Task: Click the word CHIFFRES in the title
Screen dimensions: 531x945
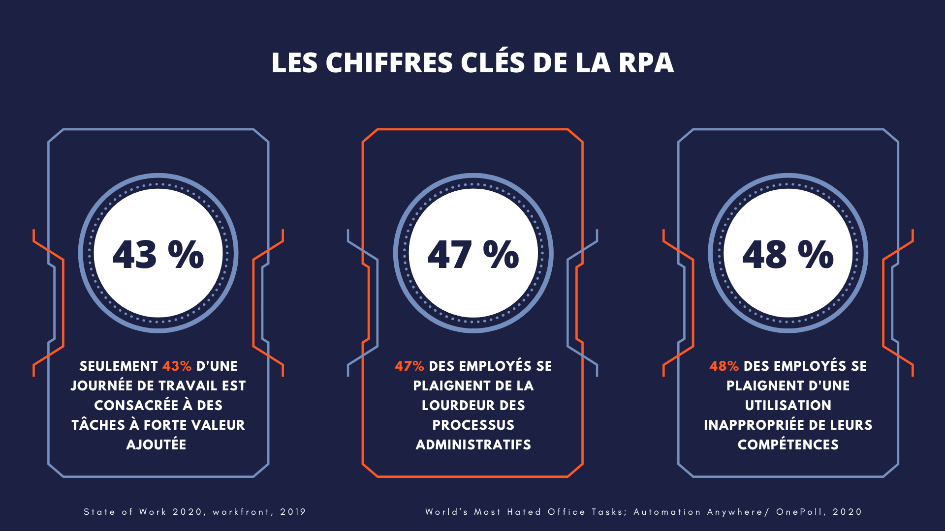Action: tap(389, 63)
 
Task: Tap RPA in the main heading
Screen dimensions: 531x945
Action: tap(646, 63)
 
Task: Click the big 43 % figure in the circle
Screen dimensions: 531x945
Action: tap(158, 254)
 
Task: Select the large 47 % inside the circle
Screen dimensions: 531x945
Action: tap(473, 254)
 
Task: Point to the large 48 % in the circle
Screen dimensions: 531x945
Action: tap(787, 254)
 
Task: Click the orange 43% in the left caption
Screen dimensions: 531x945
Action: tap(177, 366)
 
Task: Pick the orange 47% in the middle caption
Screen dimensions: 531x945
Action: tap(409, 366)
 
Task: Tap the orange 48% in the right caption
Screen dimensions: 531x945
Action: tap(724, 366)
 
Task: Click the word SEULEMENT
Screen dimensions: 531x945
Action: tap(119, 366)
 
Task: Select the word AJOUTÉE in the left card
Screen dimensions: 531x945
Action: tap(157, 445)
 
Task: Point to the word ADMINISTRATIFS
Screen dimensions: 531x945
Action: tap(473, 445)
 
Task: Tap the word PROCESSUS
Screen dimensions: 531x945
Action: tap(473, 425)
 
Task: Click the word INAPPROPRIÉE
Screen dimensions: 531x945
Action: tap(754, 425)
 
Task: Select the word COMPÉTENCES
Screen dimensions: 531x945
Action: tap(787, 445)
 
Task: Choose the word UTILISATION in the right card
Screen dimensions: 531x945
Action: tap(787, 406)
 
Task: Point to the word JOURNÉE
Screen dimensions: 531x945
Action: tap(101, 386)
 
